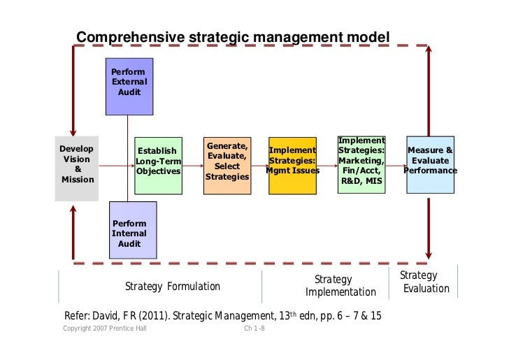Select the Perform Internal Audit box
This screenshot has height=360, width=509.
[x=133, y=229]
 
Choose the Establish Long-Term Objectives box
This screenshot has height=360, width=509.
[x=158, y=165]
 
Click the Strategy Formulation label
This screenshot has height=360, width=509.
[x=172, y=287]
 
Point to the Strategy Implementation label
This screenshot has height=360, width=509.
[x=340, y=286]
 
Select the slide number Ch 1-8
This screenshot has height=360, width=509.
[x=254, y=329]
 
